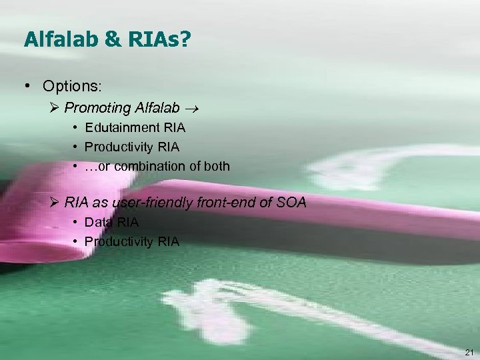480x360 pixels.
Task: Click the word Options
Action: (x=69, y=87)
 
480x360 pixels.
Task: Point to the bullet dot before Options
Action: (x=27, y=87)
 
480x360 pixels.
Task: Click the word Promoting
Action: (x=97, y=108)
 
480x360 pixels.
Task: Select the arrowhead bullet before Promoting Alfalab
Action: (x=56, y=108)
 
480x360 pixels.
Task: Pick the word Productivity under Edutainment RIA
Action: (x=119, y=147)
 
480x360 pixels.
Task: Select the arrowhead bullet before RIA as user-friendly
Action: (x=56, y=202)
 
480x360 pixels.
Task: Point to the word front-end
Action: (x=227, y=202)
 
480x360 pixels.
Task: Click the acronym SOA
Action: (x=291, y=202)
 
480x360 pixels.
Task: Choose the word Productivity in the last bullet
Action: (x=119, y=241)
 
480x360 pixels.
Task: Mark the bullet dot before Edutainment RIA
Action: (x=77, y=127)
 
